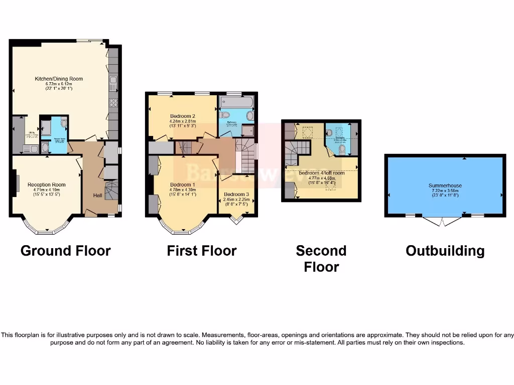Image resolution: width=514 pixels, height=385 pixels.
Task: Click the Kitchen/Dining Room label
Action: point(59,79)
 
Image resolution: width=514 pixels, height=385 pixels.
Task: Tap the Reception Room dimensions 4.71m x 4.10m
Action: point(46,190)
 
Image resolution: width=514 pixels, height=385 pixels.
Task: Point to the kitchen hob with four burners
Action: point(113,103)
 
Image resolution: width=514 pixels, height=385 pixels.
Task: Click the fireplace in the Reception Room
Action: point(17,183)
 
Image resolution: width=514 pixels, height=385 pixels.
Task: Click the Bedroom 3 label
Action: point(236,194)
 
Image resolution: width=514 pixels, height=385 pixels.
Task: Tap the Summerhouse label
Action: point(445,185)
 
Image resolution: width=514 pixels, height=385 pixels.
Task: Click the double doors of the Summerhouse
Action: point(442,221)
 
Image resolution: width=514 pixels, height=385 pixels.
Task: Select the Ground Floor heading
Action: point(65,251)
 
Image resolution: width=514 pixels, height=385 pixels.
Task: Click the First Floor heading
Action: point(202,251)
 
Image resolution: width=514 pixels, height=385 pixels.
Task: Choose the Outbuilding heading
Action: point(445,251)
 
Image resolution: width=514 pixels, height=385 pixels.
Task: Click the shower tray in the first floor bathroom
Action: point(248,131)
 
